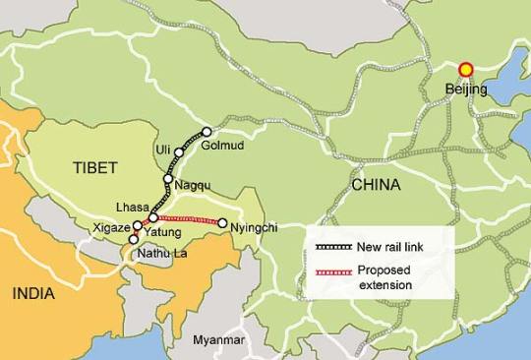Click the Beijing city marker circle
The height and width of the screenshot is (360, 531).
[x=466, y=70]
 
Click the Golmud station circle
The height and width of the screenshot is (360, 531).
[x=206, y=132]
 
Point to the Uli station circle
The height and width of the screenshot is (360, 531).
[x=179, y=153]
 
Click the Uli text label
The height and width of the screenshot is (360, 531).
[x=163, y=150]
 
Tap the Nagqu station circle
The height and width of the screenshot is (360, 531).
[x=168, y=179]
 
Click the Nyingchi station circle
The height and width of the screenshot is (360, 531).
[x=223, y=223]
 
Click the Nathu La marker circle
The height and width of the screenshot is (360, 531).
[x=134, y=239]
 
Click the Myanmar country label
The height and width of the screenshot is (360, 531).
[x=217, y=339]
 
